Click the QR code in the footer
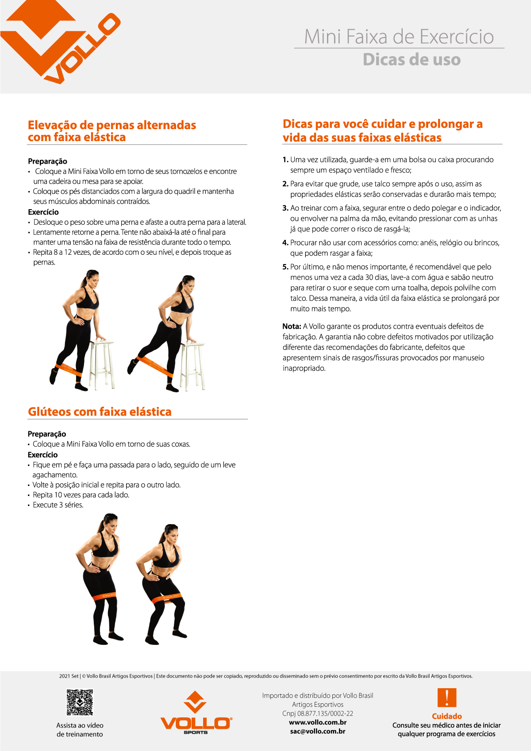click(x=80, y=702)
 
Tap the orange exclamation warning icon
click(x=446, y=697)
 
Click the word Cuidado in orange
click(x=446, y=716)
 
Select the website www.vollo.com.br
click(x=317, y=722)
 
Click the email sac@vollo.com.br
click(x=317, y=731)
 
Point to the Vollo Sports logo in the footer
click(x=196, y=713)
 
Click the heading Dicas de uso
click(x=412, y=60)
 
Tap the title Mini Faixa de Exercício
click(x=399, y=37)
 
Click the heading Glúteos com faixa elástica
click(x=100, y=412)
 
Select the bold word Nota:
click(x=292, y=326)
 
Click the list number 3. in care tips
click(x=285, y=208)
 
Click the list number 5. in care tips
click(x=285, y=267)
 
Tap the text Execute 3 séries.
click(x=58, y=505)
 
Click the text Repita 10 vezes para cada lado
click(x=81, y=495)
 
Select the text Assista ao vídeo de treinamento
click(x=80, y=730)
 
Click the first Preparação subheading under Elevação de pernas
click(x=47, y=161)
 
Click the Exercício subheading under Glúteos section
click(x=42, y=455)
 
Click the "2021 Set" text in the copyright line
click(x=69, y=676)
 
